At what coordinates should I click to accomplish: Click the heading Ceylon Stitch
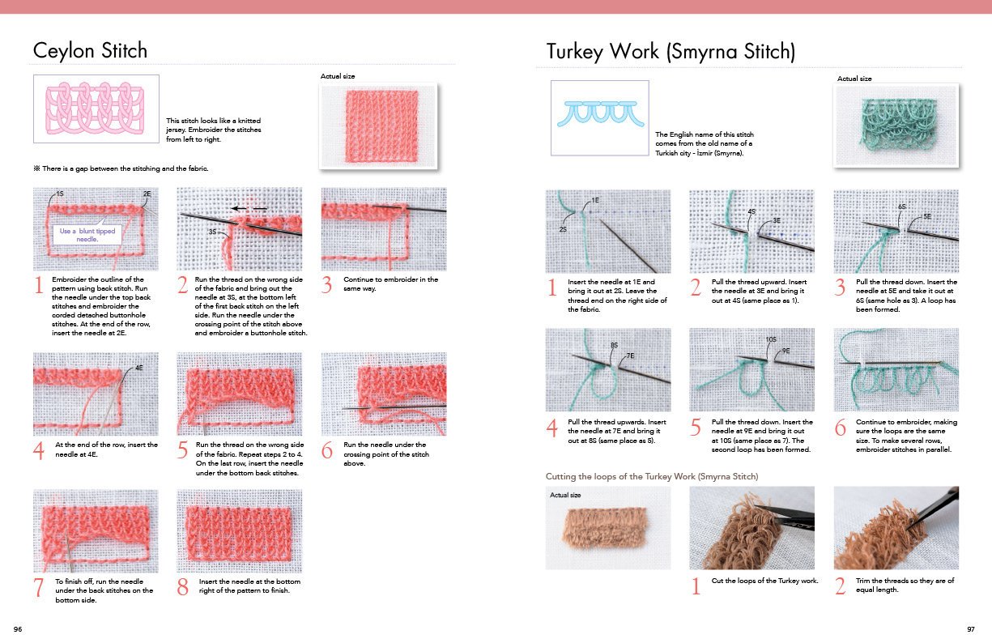(x=90, y=50)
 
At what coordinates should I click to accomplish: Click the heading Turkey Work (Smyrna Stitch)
(x=671, y=52)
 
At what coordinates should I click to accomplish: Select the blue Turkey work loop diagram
(x=600, y=113)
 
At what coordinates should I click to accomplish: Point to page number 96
(x=18, y=629)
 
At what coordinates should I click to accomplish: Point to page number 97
(x=971, y=629)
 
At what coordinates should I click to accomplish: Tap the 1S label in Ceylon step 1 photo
(x=59, y=195)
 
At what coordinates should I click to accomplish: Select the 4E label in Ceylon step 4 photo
(x=138, y=368)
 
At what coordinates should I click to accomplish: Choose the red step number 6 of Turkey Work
(x=841, y=428)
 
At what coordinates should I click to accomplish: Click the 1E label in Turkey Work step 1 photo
(x=595, y=200)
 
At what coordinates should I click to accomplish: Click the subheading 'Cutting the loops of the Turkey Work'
(x=652, y=476)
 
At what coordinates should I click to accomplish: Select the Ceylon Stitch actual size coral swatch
(x=379, y=123)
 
